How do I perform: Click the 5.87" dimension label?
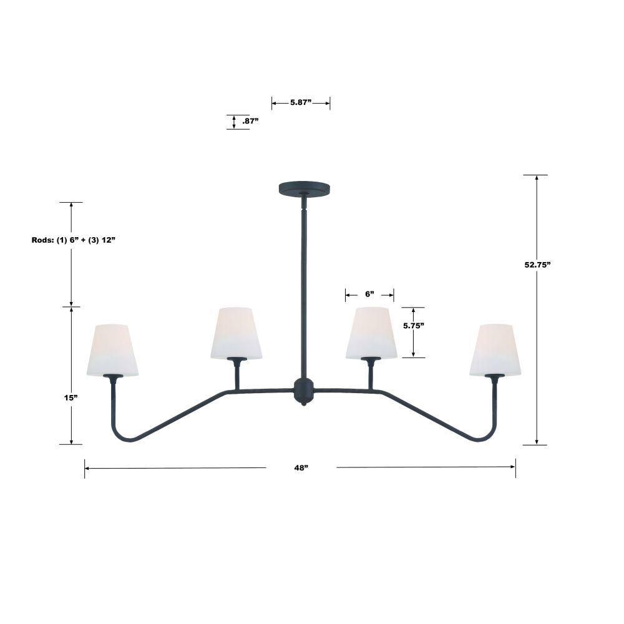coord(301,102)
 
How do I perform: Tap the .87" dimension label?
coord(250,121)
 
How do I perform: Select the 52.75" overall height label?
coord(537,265)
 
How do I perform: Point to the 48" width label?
coord(301,467)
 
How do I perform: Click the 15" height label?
coord(71,397)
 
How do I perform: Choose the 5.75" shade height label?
coord(414,326)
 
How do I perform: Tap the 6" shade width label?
coord(369,294)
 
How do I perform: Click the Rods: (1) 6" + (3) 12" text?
coord(73,240)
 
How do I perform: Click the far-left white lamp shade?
coord(112,350)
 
